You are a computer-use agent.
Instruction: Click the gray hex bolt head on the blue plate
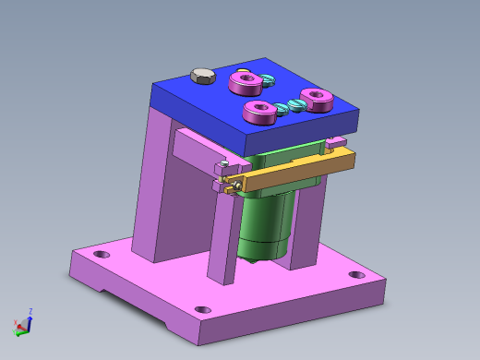[x=201, y=76]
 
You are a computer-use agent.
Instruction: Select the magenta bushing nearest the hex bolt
[x=246, y=84]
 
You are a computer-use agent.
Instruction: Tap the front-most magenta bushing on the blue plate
[x=259, y=113]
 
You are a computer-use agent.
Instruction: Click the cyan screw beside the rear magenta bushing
[x=268, y=79]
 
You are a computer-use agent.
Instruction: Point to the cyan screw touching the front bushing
[x=281, y=109]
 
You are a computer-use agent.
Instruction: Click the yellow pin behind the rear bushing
[x=242, y=71]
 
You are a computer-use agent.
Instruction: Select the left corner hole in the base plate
[x=102, y=254]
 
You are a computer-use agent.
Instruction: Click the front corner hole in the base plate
[x=203, y=309]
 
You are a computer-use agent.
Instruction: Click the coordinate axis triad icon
[x=23, y=323]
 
